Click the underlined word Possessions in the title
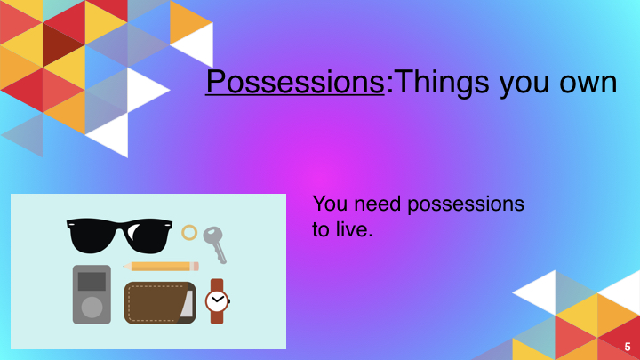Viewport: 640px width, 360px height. coord(295,82)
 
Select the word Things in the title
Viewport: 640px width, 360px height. coord(443,84)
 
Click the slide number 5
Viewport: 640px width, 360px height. coord(628,347)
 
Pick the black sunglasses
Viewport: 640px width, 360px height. coord(119,235)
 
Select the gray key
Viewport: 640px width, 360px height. coord(215,244)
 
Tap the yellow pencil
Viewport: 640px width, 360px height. coord(161,267)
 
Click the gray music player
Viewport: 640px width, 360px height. coord(92,294)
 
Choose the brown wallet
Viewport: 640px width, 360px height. coord(160,303)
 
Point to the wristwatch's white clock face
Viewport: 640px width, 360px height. coord(217,301)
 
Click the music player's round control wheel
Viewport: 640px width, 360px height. coord(92,308)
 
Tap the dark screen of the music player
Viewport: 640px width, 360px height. coord(92,281)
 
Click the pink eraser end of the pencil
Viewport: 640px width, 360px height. coord(196,267)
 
